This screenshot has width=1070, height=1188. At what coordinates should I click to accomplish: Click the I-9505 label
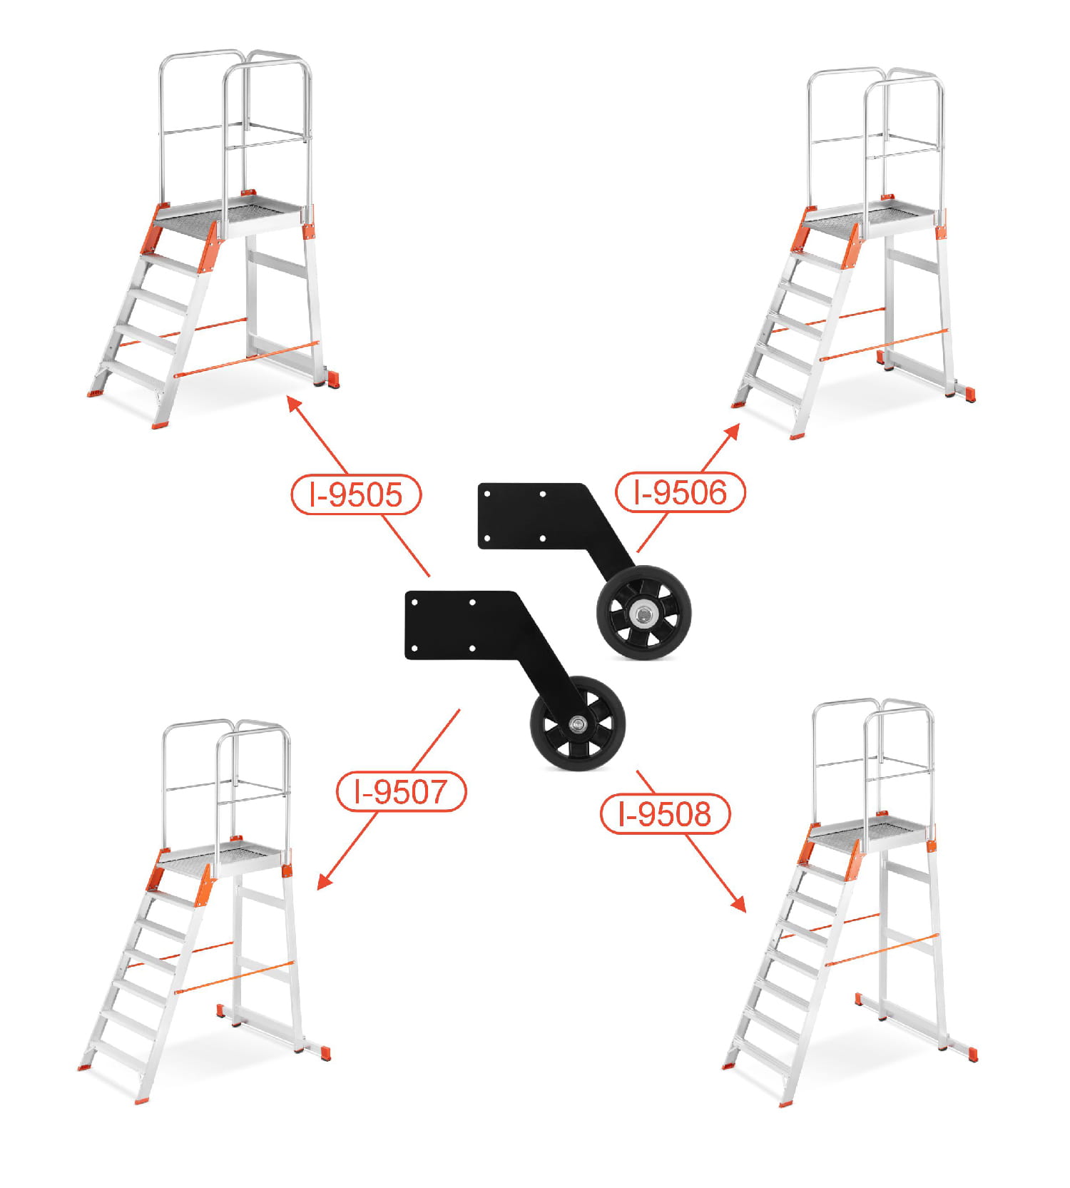[356, 494]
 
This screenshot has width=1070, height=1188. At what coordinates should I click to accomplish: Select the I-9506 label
[680, 492]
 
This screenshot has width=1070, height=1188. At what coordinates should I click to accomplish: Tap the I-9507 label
[401, 791]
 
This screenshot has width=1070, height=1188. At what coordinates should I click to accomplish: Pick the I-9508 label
[665, 813]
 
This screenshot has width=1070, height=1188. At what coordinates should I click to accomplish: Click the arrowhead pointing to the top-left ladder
[295, 406]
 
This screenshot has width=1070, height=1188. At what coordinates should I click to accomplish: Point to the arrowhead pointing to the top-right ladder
[731, 432]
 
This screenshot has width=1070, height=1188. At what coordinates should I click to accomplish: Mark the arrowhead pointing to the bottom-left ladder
[325, 880]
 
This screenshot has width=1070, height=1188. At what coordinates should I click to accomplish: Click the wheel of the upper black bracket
[643, 612]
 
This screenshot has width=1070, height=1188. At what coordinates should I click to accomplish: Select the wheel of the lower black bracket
[577, 724]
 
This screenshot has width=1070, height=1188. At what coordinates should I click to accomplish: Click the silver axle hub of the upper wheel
[643, 612]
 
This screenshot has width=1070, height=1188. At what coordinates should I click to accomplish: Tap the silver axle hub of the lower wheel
[577, 725]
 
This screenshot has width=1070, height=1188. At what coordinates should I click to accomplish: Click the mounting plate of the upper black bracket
[531, 516]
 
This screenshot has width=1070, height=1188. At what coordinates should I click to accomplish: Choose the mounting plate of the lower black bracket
[460, 625]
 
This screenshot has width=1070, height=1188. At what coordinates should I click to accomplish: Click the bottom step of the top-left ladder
[132, 374]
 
